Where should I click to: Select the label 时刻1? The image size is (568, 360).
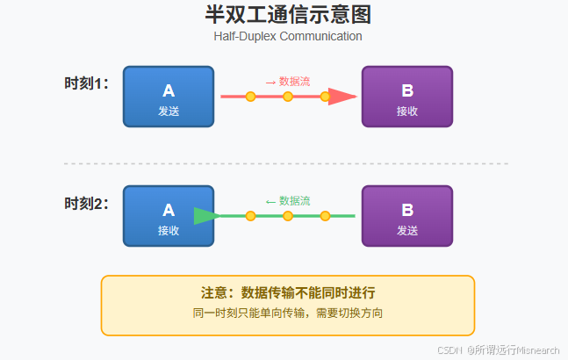[x=87, y=84]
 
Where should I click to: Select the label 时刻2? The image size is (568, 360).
[x=87, y=204]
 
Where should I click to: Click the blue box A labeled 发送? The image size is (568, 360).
[x=169, y=97]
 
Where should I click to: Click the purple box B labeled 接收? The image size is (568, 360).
[x=406, y=97]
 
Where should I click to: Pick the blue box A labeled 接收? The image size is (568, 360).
[x=169, y=216]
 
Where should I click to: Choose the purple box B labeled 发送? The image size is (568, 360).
[x=406, y=216]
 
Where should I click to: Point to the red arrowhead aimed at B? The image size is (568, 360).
[x=343, y=97]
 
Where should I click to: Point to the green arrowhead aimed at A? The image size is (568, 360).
[x=205, y=216]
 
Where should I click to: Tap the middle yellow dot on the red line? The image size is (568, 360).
[x=288, y=97]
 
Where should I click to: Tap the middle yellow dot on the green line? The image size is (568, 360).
[x=288, y=216]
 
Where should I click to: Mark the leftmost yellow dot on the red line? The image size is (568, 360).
[x=250, y=97]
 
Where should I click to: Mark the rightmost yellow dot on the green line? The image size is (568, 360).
[x=325, y=216]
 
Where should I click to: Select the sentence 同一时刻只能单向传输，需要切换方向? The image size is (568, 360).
[x=288, y=313]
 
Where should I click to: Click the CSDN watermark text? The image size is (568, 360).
[x=498, y=349]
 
